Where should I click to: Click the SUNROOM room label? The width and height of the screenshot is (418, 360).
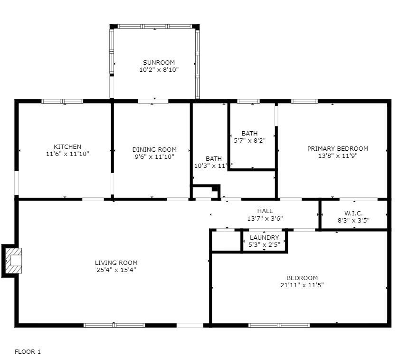coord(159,62)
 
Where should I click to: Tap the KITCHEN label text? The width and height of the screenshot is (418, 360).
coord(67,147)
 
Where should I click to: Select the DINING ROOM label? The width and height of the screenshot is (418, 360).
coord(154,149)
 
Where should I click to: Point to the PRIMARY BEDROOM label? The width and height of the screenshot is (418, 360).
coord(337,148)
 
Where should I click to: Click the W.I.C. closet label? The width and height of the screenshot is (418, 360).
coord(353,213)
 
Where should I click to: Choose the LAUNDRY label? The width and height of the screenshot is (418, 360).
coord(264,238)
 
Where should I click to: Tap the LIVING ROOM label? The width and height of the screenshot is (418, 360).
coord(116,263)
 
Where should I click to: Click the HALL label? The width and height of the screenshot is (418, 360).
coord(265,211)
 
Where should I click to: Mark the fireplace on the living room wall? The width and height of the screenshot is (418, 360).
coord(13,260)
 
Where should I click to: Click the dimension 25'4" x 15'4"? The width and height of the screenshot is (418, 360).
coord(116,270)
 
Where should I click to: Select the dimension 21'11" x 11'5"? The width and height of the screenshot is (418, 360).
coord(302,285)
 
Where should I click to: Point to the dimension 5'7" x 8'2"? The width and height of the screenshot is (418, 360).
coord(249,141)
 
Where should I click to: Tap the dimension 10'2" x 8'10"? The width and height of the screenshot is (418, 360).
coord(159,69)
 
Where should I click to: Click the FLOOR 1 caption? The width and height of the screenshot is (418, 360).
coord(28,351)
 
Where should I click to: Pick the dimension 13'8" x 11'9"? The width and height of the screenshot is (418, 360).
coord(337,156)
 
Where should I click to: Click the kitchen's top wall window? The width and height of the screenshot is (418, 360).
coord(62,101)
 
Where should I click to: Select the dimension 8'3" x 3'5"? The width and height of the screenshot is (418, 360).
coord(353,220)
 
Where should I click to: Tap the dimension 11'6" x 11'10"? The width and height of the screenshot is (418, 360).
coord(67,154)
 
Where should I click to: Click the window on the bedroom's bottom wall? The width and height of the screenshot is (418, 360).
coord(279,325)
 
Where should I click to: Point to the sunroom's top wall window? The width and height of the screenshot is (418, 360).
coord(154,26)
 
